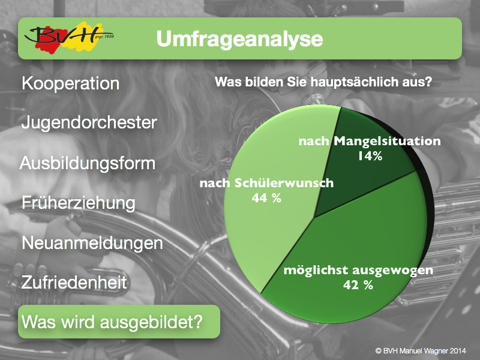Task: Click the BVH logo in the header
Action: tap(69, 38)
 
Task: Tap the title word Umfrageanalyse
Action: tap(239, 39)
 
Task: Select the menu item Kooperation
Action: tap(70, 83)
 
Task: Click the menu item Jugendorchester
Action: tap(89, 123)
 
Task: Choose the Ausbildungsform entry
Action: tap(88, 163)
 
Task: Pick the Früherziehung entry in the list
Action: tap(79, 203)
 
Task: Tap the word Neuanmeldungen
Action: tap(92, 244)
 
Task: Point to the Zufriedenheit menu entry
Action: tap(74, 282)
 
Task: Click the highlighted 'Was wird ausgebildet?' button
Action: tap(119, 322)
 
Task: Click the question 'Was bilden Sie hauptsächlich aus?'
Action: tap(323, 82)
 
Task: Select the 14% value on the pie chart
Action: tap(370, 156)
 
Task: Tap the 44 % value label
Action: tap(266, 198)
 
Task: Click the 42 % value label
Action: tap(358, 285)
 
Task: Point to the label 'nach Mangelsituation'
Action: tap(370, 141)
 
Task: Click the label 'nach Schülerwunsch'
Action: tap(266, 183)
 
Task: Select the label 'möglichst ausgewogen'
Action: tap(358, 271)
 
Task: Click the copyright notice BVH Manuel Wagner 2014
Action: tap(421, 351)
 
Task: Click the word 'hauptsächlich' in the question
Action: tap(353, 82)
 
